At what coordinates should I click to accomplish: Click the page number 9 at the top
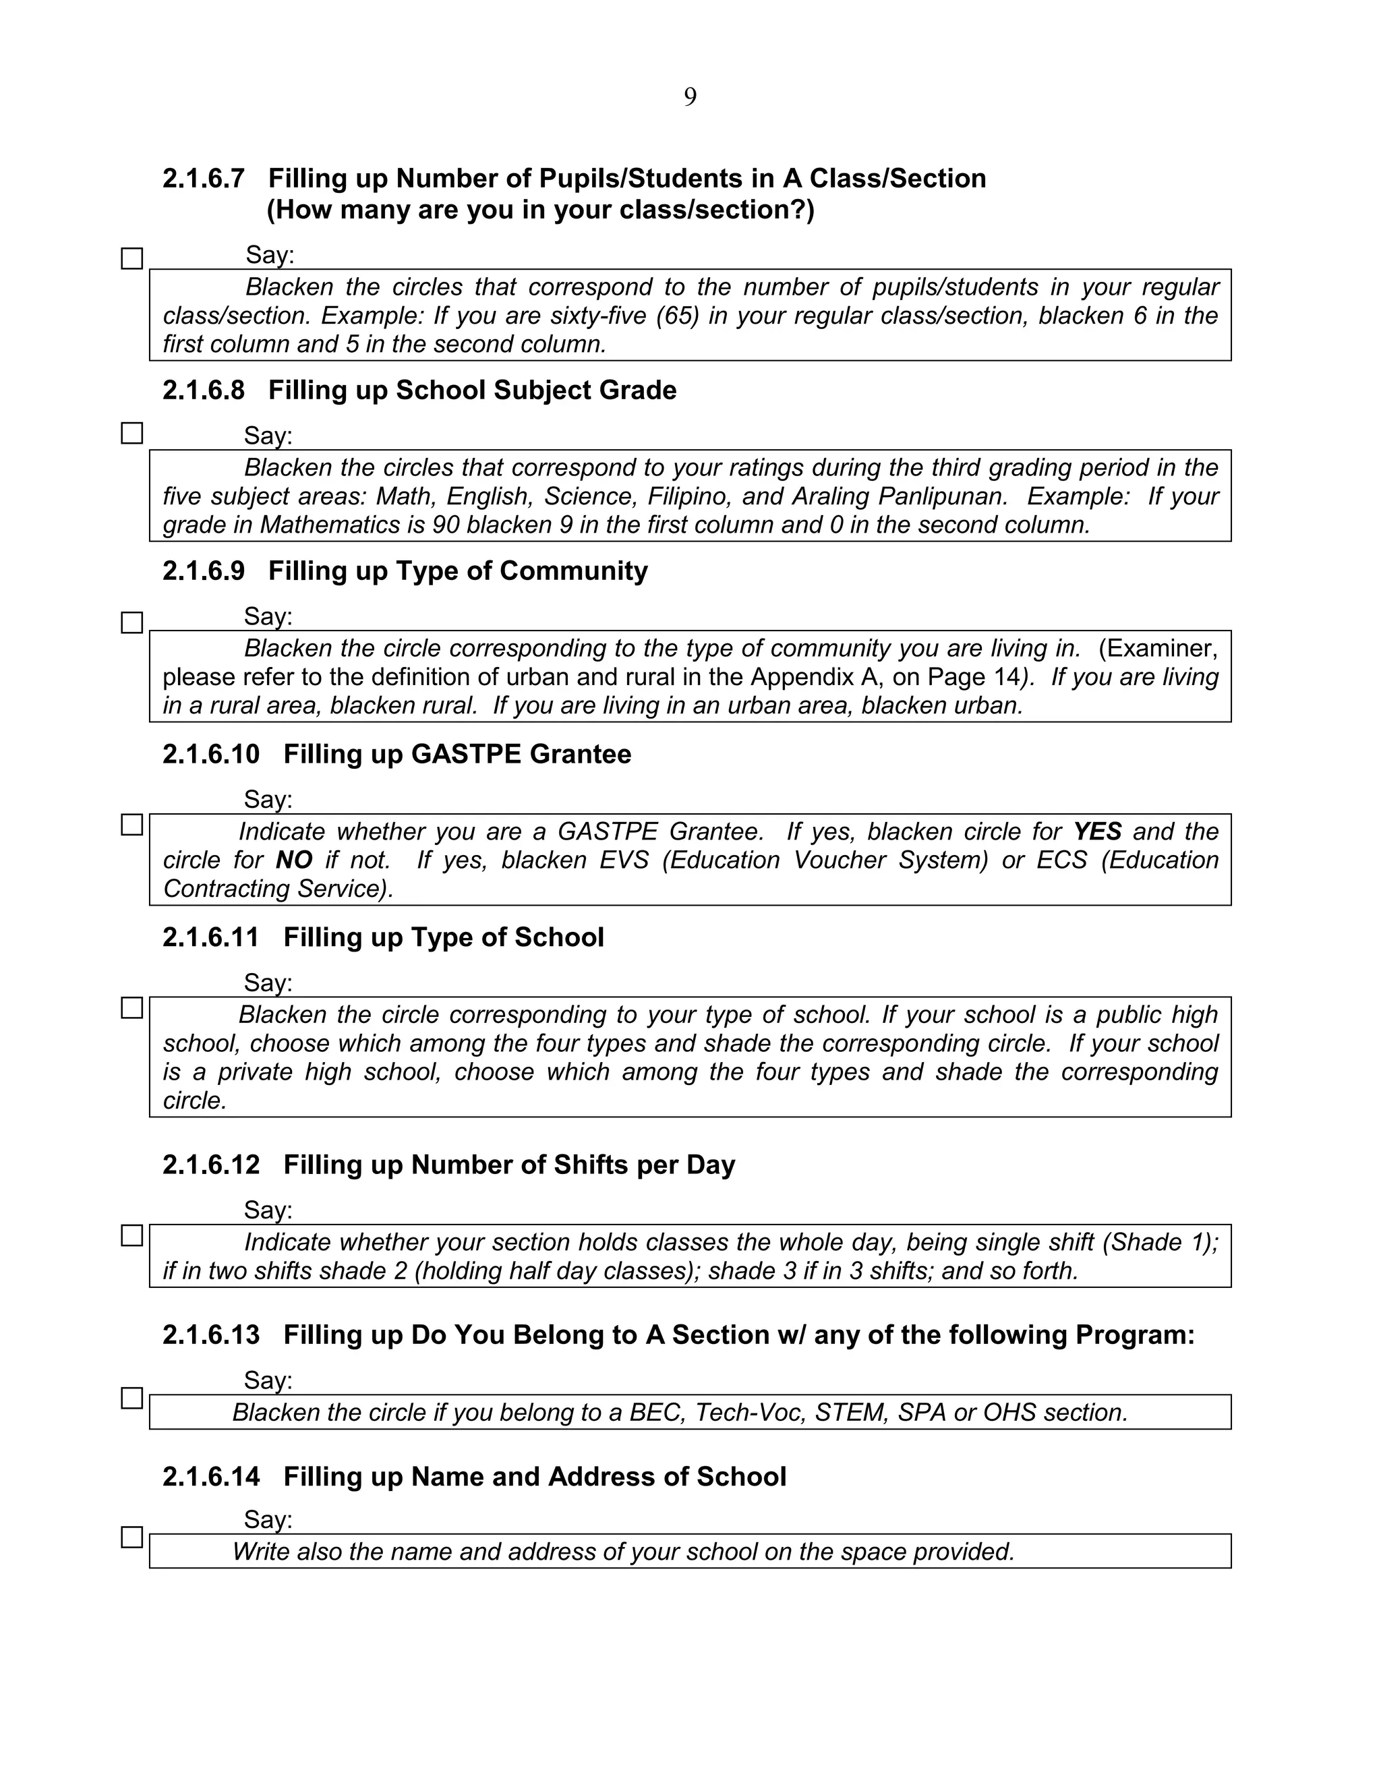(x=690, y=97)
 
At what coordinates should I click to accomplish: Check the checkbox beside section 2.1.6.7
(x=131, y=258)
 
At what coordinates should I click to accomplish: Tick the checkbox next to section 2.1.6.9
(x=131, y=622)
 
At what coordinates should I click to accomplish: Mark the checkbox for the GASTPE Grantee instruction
(x=131, y=825)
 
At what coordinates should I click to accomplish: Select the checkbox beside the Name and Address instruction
(x=131, y=1537)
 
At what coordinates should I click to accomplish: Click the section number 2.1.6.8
(x=203, y=390)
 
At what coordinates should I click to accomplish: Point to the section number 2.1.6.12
(x=210, y=1165)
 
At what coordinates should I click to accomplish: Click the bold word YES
(x=1096, y=831)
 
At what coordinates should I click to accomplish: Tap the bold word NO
(x=294, y=860)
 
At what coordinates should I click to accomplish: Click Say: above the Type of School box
(x=268, y=982)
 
